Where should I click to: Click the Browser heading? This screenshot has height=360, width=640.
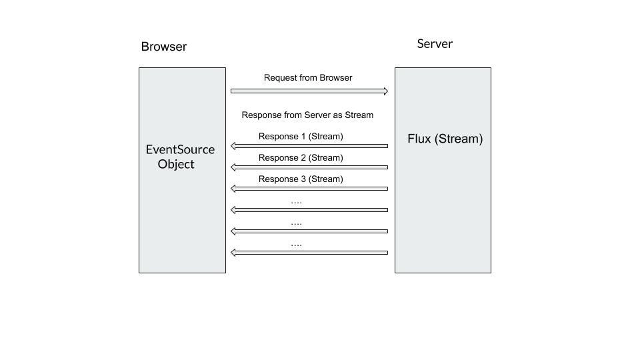[163, 47]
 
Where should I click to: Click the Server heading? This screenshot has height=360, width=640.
[435, 44]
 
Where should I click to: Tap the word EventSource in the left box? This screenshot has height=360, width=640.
[180, 149]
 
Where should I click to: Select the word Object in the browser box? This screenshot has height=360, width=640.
[176, 164]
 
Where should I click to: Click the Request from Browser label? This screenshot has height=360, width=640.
[308, 78]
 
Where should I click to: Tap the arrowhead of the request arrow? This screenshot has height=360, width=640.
[385, 91]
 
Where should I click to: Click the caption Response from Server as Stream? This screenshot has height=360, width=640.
[307, 115]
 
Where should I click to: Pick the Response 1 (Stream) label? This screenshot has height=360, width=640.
[301, 137]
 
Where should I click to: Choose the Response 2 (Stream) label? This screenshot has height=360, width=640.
[301, 158]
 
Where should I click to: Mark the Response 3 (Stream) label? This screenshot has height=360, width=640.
[301, 179]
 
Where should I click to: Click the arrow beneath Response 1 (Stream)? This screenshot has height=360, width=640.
[309, 146]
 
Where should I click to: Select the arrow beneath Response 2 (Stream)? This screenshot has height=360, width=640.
[309, 167]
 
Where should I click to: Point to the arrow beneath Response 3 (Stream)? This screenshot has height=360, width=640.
[309, 189]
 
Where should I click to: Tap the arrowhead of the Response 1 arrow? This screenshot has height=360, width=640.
[233, 146]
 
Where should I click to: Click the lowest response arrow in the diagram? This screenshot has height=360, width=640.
[309, 253]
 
